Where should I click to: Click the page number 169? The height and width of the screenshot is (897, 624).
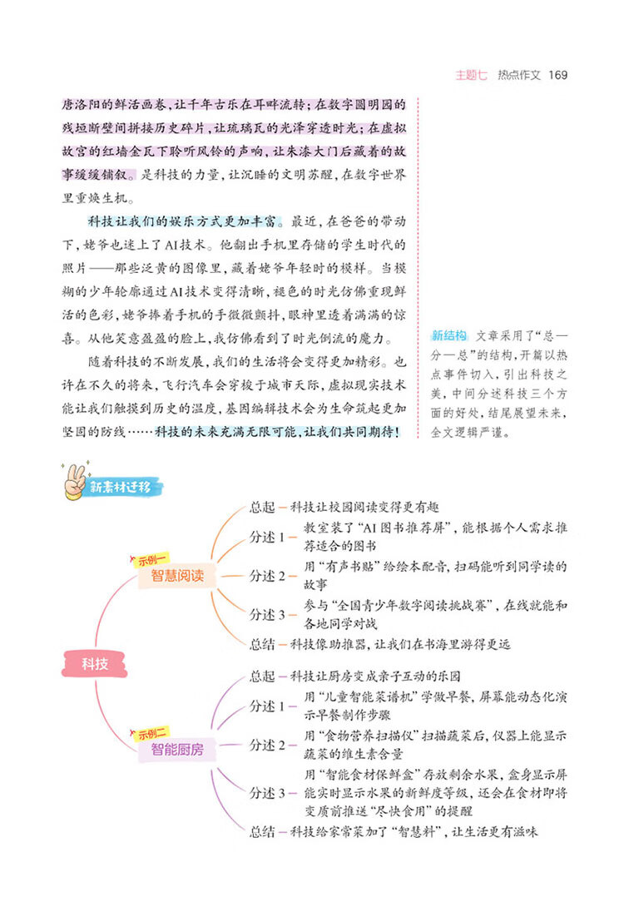558,75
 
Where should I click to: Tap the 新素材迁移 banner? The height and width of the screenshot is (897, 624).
120,488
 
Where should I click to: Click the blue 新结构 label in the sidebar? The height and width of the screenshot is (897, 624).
448,336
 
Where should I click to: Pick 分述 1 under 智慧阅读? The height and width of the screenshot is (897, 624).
268,537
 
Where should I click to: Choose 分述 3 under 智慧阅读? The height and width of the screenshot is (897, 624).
268,614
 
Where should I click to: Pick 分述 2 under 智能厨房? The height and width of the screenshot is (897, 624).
268,745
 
